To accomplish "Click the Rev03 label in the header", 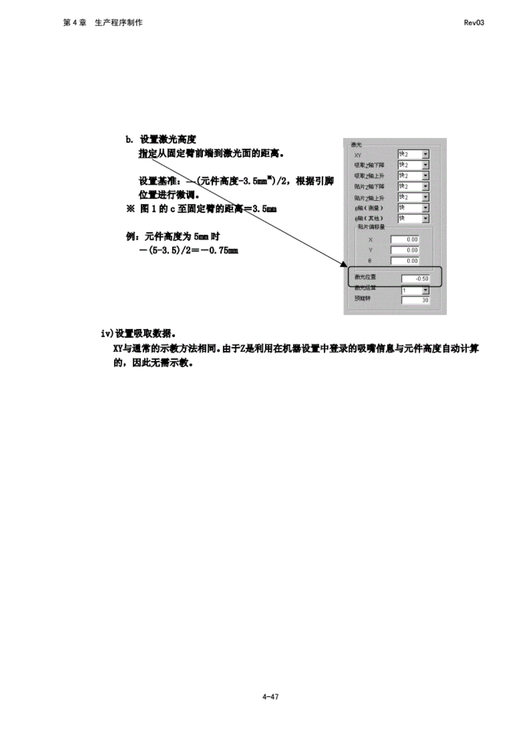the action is tap(474, 23).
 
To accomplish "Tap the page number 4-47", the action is tap(270, 697).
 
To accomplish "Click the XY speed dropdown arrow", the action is tap(425, 154).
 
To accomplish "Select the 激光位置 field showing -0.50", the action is tap(415, 279).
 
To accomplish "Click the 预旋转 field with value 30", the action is tap(415, 300).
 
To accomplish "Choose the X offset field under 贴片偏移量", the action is tap(404, 239).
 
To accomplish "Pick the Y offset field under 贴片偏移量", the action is tap(404, 250).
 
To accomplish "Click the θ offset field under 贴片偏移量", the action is tap(404, 261).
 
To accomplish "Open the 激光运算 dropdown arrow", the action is tap(425, 290).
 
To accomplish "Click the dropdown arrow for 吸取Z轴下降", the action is tap(425, 165).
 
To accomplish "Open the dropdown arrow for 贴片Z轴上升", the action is tap(425, 197).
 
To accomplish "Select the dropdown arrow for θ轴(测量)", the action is tap(425, 208).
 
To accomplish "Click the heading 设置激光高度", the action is tap(168, 140).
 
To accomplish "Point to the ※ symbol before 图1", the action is tap(130, 209).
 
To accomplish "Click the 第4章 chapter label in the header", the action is tap(75, 23).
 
